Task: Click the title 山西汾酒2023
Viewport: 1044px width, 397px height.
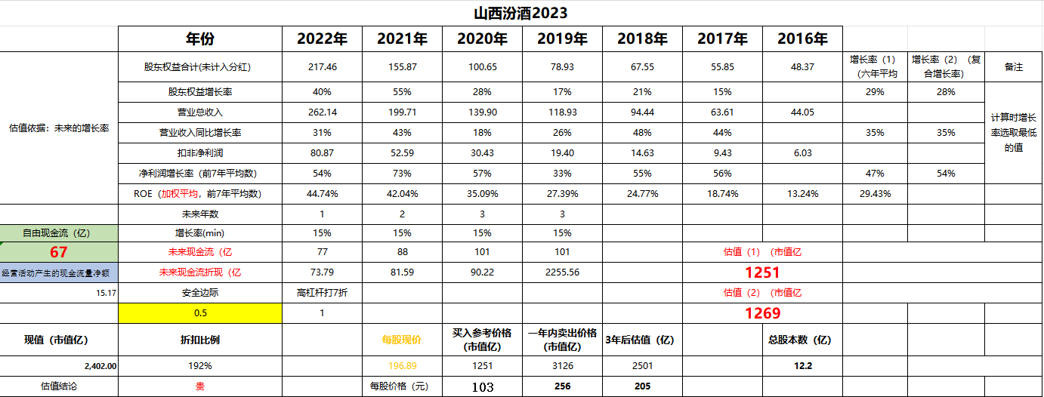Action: [x=520, y=14]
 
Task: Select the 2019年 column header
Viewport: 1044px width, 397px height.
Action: [x=562, y=39]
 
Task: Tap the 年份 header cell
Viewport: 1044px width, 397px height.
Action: [x=200, y=39]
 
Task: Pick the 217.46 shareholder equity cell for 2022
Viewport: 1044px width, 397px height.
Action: [x=322, y=67]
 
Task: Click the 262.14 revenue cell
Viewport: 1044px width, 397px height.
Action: [x=322, y=112]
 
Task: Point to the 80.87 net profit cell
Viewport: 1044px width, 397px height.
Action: [x=322, y=153]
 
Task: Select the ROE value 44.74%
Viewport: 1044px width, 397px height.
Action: [x=322, y=194]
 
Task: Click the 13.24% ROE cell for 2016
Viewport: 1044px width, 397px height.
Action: [x=802, y=194]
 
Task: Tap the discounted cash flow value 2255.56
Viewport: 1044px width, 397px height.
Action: [x=562, y=272]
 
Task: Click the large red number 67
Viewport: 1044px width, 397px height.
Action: [x=59, y=252]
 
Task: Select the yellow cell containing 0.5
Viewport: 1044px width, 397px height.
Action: [x=200, y=313]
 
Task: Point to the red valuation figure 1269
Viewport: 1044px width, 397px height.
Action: [x=762, y=313]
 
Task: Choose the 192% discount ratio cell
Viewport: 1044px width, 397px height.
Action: [x=200, y=366]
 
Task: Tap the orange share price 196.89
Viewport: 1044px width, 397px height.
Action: [x=402, y=366]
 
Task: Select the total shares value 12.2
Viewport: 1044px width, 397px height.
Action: [x=802, y=366]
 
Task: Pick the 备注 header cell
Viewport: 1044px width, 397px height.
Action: [x=1013, y=67]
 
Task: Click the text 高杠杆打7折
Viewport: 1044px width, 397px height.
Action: [x=322, y=293]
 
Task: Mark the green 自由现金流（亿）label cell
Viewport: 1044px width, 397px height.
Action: [x=59, y=233]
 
